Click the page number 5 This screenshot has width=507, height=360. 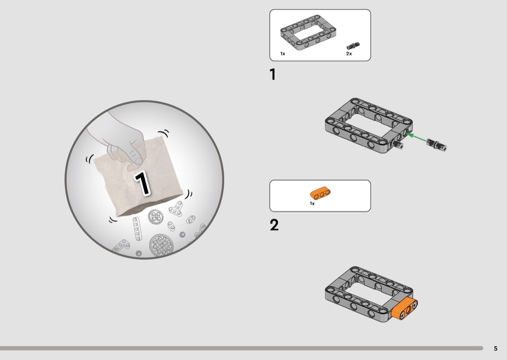496,348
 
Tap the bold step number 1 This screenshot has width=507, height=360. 273,74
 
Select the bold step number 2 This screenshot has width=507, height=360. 274,225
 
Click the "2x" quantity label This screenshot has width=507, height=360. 349,54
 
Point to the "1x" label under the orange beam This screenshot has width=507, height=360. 312,204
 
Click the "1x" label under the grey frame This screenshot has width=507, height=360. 282,54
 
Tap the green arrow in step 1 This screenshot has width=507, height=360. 416,137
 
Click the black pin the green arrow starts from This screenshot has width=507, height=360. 437,144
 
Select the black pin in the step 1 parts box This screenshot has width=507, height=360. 353,46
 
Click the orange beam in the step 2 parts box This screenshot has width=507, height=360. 320,193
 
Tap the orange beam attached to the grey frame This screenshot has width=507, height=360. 405,309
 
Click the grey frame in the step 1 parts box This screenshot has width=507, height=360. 308,33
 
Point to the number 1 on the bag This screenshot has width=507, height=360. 142,183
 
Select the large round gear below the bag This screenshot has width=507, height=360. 161,245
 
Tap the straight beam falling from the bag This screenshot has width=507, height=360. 137,229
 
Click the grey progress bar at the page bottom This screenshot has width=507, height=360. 241,348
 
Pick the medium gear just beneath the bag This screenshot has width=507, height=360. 155,217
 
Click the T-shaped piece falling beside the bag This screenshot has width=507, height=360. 176,208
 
